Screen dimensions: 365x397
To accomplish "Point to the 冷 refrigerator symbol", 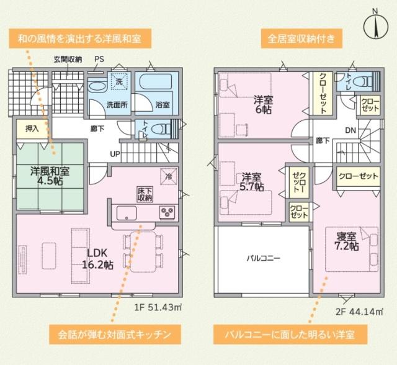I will pyautogui.click(x=168, y=176).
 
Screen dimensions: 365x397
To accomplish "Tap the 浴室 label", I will pyautogui.click(x=163, y=105).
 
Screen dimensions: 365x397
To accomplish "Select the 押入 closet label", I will pyautogui.click(x=32, y=129).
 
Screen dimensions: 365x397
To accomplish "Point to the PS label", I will pyautogui.click(x=99, y=60).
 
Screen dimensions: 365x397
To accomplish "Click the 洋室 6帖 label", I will pyautogui.click(x=263, y=105).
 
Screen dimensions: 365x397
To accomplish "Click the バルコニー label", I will pyautogui.click(x=264, y=257).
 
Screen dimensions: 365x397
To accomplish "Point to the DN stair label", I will pyautogui.click(x=350, y=131).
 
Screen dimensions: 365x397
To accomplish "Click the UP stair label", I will pyautogui.click(x=115, y=153).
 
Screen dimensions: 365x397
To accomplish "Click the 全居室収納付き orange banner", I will pyautogui.click(x=301, y=39).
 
